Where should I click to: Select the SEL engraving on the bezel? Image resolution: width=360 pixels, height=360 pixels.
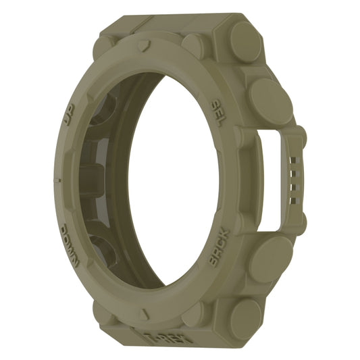218,108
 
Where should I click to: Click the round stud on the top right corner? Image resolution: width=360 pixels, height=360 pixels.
243,41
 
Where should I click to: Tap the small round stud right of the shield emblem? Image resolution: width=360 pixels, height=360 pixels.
194,46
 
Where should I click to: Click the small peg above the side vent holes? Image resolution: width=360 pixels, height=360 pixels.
300,138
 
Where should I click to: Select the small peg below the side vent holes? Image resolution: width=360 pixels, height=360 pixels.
300,224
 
